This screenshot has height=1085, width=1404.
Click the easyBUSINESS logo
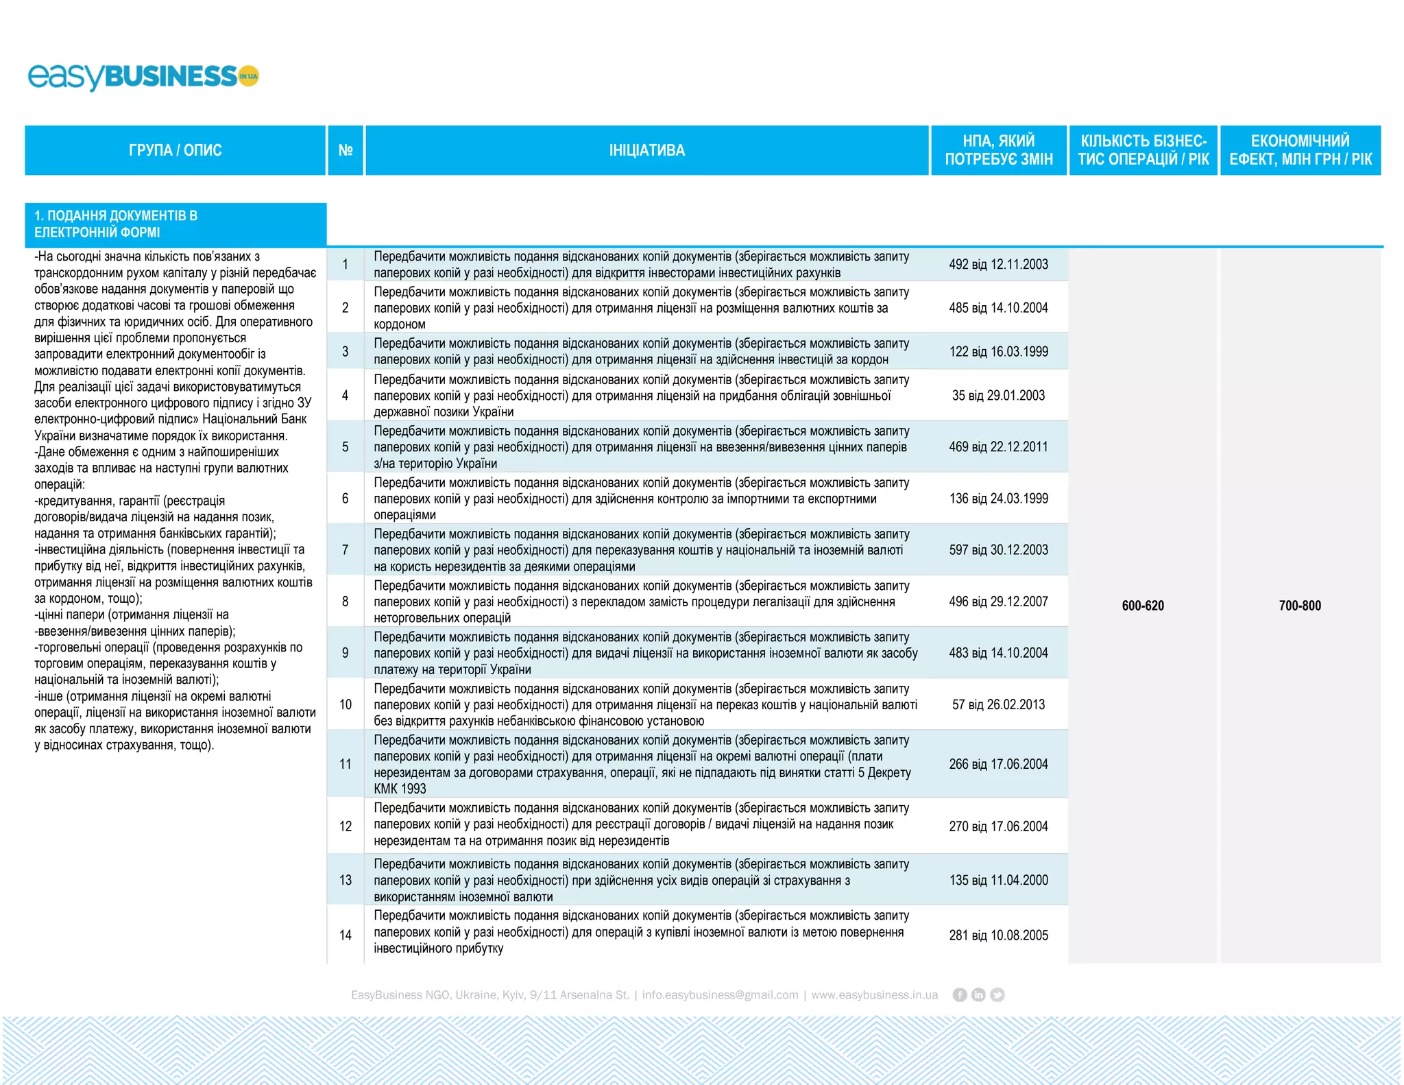pos(143,76)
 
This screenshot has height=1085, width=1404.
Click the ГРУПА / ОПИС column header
pos(175,150)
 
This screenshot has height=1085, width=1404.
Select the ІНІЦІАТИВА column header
pos(646,150)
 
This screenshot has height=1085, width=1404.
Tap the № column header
pos(346,150)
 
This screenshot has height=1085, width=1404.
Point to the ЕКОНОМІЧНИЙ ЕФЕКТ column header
pos(1300,150)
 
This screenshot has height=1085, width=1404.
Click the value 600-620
pos(1143,606)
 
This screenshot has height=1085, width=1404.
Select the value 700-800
pos(1300,606)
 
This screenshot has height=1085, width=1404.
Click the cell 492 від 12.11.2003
pos(998,265)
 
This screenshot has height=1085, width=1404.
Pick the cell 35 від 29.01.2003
pos(998,396)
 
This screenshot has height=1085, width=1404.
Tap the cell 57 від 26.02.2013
pos(998,704)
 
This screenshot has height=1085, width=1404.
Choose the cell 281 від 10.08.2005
pos(998,935)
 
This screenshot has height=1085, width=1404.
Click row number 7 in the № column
pos(346,550)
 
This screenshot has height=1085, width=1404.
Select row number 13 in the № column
pos(346,880)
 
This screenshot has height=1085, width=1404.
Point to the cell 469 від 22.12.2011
pos(998,447)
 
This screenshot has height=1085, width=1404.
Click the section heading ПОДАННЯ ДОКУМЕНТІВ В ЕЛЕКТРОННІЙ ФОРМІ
pos(117,224)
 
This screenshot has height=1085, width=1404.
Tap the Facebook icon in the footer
pos(960,994)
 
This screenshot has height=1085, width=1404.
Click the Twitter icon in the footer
pos(997,994)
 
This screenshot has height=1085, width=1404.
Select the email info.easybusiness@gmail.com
pos(720,994)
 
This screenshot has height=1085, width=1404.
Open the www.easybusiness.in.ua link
pos(874,994)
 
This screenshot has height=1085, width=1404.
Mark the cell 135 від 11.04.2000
pos(998,880)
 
